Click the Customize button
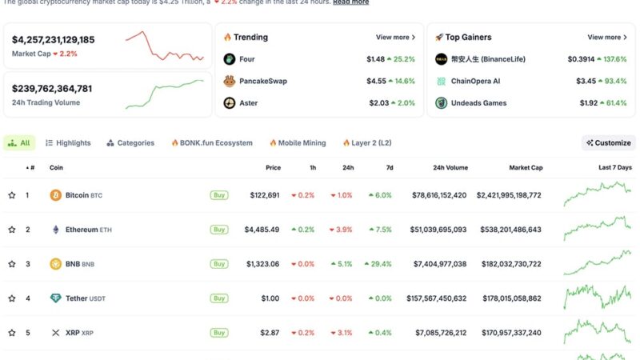coord(609,143)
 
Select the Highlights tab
coord(68,143)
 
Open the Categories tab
coord(130,143)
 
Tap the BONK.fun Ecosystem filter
coord(212,143)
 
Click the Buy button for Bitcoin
coord(218,195)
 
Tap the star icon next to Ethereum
coord(12,230)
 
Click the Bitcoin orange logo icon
coord(55,195)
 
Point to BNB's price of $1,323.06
coord(262,264)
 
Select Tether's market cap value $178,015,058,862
coord(508,298)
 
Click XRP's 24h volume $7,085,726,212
coord(438,333)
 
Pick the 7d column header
coord(388,167)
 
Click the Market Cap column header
coord(526,167)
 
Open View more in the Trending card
coord(396,38)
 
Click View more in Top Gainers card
coord(607,38)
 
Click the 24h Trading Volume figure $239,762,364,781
coord(52,89)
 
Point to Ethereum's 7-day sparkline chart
coord(597,229)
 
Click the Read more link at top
coord(350,2)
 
